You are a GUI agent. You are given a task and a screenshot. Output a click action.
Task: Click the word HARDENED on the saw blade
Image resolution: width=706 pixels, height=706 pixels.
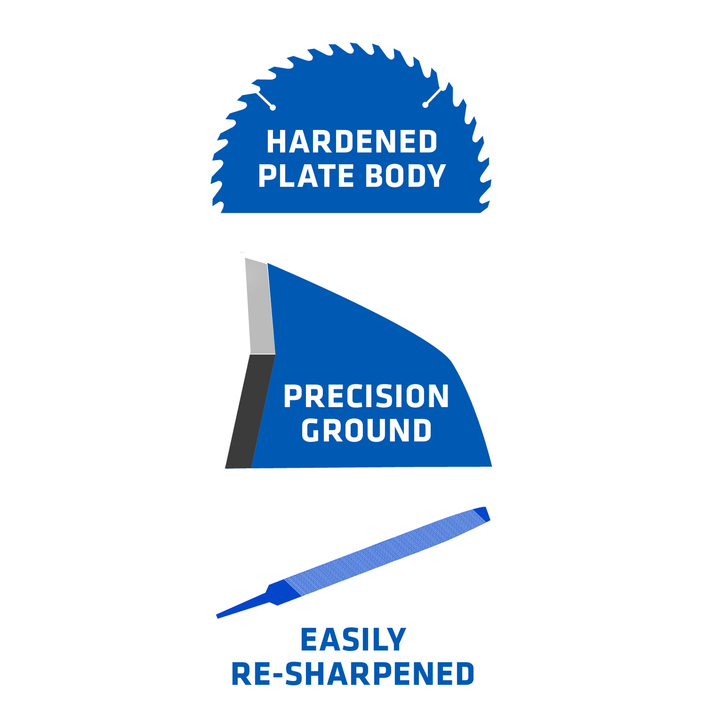(352, 142)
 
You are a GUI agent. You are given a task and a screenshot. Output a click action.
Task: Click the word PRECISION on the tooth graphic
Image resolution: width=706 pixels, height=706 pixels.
(366, 396)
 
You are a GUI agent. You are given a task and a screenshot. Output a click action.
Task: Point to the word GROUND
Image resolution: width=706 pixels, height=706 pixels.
(366, 430)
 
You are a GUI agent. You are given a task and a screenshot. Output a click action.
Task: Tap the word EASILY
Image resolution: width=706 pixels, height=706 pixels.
(353, 639)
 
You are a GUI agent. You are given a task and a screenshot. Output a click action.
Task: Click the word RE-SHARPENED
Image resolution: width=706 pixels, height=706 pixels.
(353, 674)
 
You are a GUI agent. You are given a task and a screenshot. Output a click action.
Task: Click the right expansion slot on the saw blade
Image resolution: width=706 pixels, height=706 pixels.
(433, 96)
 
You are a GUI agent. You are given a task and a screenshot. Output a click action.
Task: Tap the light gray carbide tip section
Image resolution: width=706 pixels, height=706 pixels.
(260, 307)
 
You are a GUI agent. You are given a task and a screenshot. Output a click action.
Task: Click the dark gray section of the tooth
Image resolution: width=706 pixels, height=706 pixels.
(249, 411)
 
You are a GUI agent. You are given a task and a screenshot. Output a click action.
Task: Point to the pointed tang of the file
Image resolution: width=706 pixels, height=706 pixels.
(242, 606)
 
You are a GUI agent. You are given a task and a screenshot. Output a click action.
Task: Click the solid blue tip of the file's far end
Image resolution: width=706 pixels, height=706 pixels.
(482, 514)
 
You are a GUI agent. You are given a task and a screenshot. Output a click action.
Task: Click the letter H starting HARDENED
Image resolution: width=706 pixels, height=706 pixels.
(276, 142)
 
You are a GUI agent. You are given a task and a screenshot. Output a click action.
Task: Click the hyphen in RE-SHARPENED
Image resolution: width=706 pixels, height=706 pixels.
(278, 675)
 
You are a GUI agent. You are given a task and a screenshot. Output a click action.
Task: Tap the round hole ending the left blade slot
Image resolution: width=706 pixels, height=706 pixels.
(273, 108)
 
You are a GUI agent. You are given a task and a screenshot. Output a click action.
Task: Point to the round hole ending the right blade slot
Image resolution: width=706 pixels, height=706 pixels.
(425, 105)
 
